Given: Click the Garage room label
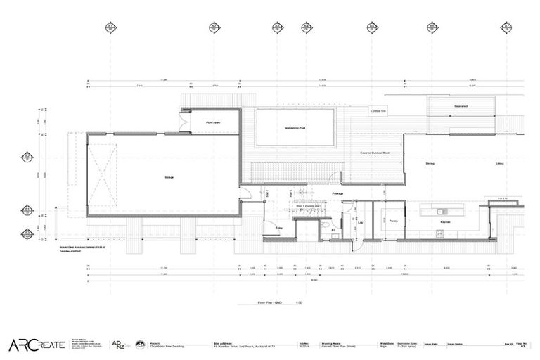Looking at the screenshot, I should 169,177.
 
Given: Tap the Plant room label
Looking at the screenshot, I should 214,122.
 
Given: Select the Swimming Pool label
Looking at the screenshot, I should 294,128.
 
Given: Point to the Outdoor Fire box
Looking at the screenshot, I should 378,110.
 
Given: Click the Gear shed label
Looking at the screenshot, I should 461,106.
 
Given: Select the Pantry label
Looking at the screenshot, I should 393,221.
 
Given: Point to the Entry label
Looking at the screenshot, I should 278,228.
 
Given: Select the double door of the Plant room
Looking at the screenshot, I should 185,124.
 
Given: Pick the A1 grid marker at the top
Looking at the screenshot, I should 110,27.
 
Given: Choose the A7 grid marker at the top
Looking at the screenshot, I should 505,27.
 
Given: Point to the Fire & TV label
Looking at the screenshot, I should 502,200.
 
